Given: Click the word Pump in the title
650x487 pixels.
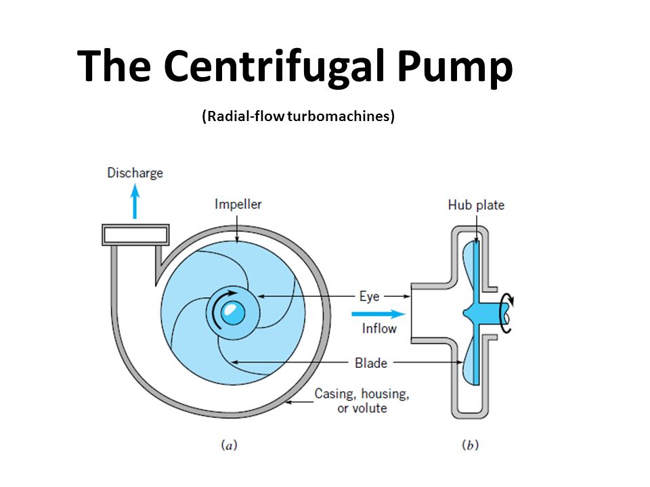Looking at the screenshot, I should pyautogui.click(x=454, y=68).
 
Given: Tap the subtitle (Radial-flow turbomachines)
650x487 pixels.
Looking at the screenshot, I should pyautogui.click(x=298, y=116).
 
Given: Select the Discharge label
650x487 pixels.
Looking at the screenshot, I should pyautogui.click(x=135, y=173).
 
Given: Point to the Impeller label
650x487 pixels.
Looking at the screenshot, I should pyautogui.click(x=238, y=204).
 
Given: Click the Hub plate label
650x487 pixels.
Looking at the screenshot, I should pyautogui.click(x=476, y=204).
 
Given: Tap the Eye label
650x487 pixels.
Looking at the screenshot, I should pyautogui.click(x=369, y=296).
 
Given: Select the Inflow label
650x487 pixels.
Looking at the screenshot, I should pyautogui.click(x=378, y=329).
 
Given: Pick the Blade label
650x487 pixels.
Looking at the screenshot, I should pyautogui.click(x=371, y=363).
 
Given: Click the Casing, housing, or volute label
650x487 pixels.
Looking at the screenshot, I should pyautogui.click(x=362, y=400).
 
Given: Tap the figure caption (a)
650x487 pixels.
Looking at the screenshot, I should pyautogui.click(x=230, y=445).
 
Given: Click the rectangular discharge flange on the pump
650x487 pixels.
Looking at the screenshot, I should pyautogui.click(x=135, y=234).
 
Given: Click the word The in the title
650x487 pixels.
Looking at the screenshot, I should pyautogui.click(x=115, y=68).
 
